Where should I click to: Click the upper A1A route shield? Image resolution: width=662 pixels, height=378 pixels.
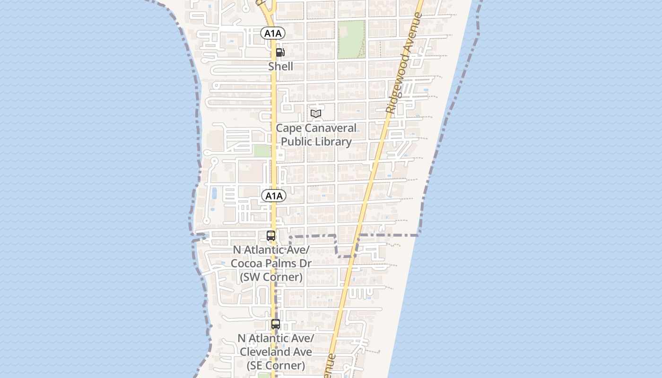click(x=273, y=33)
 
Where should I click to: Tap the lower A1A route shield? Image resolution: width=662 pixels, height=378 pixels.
click(x=273, y=196)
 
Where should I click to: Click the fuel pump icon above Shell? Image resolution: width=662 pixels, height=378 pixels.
click(x=280, y=52)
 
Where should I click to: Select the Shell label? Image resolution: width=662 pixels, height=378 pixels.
click(x=280, y=67)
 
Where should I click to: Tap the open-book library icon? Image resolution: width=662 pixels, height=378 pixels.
click(x=316, y=113)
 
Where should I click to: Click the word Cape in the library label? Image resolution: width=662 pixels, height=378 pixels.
click(x=288, y=128)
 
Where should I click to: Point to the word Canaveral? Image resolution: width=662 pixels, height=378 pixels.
click(x=330, y=128)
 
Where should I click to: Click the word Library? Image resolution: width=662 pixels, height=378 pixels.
click(x=334, y=142)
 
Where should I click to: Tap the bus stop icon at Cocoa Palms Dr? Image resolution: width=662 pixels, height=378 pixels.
click(x=271, y=235)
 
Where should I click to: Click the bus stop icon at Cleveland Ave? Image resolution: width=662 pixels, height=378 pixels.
click(x=276, y=324)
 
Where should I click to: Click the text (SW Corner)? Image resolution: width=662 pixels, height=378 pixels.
click(x=271, y=277)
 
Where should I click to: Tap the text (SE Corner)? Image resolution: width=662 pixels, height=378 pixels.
click(x=276, y=365)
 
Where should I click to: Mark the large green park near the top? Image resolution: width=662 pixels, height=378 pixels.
click(x=351, y=39)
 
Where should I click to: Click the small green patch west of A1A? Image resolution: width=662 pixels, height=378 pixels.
click(x=261, y=151)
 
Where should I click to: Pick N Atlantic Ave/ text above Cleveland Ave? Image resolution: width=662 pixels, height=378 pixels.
click(x=276, y=338)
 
